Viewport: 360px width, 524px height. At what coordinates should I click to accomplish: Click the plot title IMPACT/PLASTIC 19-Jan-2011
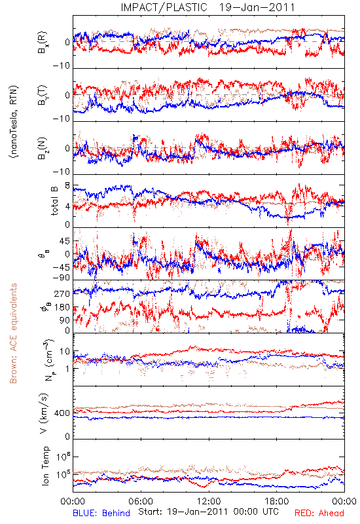point(207,7)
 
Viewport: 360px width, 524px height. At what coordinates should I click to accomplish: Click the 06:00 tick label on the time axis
point(141,501)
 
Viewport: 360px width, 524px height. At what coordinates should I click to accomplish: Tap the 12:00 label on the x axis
point(209,501)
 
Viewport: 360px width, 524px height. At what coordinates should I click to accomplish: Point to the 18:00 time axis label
point(277,501)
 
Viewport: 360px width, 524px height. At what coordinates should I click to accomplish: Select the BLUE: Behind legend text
point(101,513)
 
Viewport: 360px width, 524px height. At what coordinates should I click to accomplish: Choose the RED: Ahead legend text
point(319,513)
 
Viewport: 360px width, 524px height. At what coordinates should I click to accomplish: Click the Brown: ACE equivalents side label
point(13,333)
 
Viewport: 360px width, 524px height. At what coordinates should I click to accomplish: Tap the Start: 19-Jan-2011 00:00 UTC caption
point(208,512)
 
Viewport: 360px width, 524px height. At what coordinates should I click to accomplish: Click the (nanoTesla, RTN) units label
point(14,122)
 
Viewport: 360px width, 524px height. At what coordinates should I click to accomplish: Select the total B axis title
point(54,200)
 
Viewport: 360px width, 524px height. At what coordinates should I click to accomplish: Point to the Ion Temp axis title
point(45,466)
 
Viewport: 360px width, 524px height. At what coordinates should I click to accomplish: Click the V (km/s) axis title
point(44,413)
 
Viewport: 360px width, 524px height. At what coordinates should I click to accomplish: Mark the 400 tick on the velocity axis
point(62,413)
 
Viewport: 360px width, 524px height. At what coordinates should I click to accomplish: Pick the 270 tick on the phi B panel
point(62,293)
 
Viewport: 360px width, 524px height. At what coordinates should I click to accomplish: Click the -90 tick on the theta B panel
point(61,278)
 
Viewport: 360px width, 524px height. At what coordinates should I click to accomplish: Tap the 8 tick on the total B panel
point(67,186)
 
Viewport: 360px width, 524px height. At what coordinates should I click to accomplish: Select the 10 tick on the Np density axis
point(65,352)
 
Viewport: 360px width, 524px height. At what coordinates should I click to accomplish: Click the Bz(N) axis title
point(43,148)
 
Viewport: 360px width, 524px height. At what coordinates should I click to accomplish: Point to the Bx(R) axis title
point(43,42)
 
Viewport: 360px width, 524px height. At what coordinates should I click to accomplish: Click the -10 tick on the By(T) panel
point(61,119)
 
